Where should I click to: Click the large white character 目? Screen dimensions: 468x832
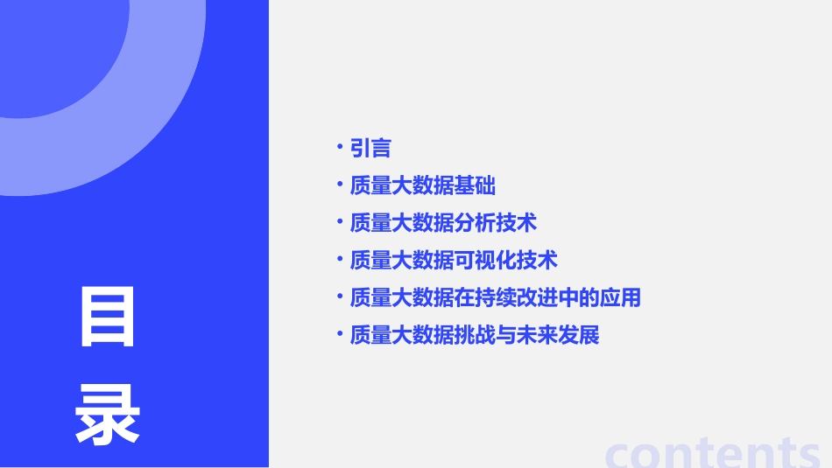tap(108, 318)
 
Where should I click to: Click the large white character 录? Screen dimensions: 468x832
tap(108, 416)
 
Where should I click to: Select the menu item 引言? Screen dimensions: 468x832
tap(370, 149)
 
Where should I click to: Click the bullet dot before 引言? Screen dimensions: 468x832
tap(340, 147)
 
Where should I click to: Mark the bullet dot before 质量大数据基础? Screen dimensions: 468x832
tap(340, 185)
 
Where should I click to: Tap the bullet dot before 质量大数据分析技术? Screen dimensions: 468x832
tap(340, 221)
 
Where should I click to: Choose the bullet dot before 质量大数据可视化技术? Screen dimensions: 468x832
tap(340, 259)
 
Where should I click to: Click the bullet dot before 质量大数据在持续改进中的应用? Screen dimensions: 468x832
tap(340, 297)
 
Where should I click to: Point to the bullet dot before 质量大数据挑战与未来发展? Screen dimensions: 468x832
tap(340, 334)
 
